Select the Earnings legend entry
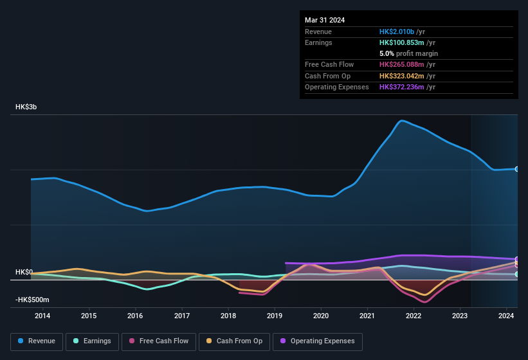point(93,341)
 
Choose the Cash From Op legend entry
point(235,341)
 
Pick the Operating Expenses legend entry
point(318,341)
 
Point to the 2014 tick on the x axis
point(42,316)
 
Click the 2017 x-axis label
point(182,316)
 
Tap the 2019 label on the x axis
point(275,316)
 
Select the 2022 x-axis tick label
point(414,316)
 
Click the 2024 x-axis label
point(506,316)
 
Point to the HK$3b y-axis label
point(26,107)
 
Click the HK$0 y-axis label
point(24,272)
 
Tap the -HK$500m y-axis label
point(32,300)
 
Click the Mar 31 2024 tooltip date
point(325,20)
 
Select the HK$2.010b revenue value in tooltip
point(397,32)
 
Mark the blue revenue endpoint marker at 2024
point(516,169)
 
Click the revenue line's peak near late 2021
point(402,120)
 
